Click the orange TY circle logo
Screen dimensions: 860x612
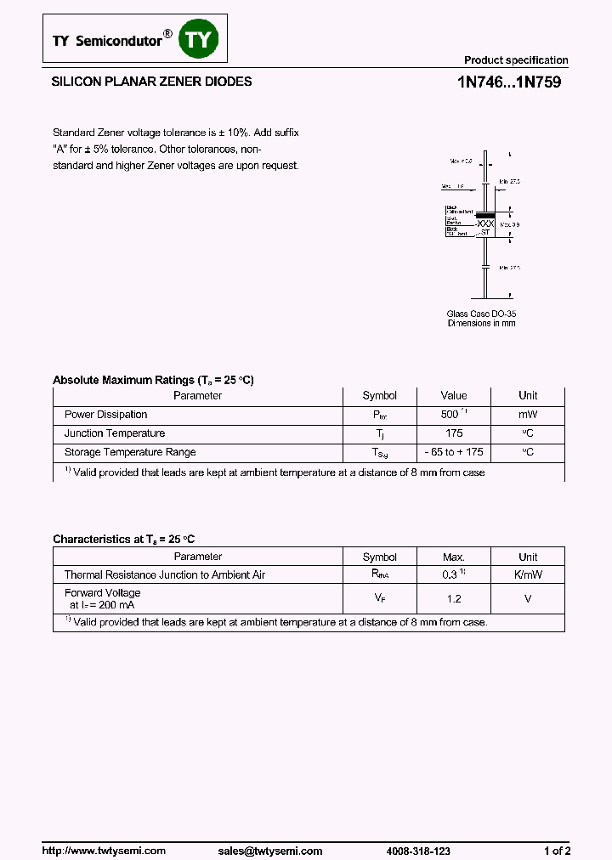click(x=199, y=40)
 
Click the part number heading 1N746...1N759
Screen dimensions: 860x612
click(x=507, y=83)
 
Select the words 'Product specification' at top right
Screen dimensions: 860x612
click(x=515, y=60)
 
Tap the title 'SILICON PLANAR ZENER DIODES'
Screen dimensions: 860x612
click(x=152, y=82)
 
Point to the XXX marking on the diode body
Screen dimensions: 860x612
click(x=484, y=222)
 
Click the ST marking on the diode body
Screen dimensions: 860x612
click(x=485, y=231)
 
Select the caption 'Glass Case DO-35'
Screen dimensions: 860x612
click(x=481, y=314)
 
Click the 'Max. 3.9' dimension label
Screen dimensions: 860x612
click(x=510, y=224)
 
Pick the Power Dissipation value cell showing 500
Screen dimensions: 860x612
click(x=450, y=415)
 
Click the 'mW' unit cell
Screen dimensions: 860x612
click(x=528, y=415)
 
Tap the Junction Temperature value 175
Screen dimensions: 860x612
click(x=453, y=433)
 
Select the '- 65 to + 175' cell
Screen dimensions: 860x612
click(x=453, y=452)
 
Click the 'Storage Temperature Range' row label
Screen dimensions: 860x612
click(x=130, y=452)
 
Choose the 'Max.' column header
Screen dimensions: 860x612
click(x=453, y=557)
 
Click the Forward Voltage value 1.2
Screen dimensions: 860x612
click(x=453, y=599)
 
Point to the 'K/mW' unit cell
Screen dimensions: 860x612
click(x=528, y=575)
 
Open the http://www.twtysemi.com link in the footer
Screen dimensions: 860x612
click(x=104, y=851)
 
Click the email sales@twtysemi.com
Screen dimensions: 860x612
click(x=269, y=851)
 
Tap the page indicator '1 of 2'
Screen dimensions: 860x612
click(x=557, y=851)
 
